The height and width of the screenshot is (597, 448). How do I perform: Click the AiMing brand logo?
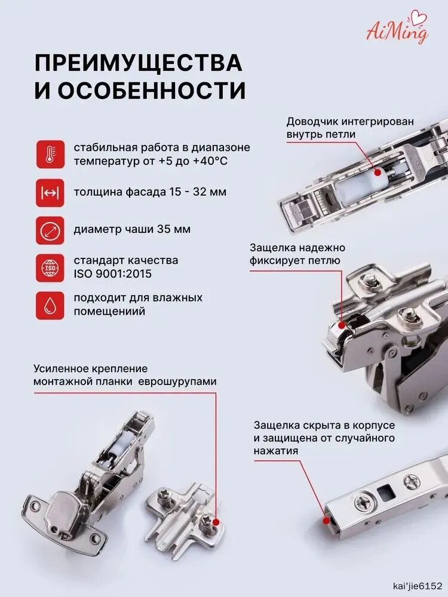pyautogui.click(x=397, y=29)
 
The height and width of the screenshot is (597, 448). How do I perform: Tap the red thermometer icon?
pyautogui.click(x=50, y=154)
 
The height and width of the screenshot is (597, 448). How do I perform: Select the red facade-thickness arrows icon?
pyautogui.click(x=50, y=193)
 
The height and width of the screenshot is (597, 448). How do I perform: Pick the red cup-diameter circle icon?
pyautogui.click(x=50, y=230)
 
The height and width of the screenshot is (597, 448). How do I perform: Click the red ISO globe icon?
pyautogui.click(x=50, y=268)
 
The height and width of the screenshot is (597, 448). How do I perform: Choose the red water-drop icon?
pyautogui.click(x=50, y=305)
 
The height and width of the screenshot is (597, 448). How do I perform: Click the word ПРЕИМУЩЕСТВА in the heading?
pyautogui.click(x=139, y=63)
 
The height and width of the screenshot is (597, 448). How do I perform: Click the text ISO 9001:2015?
pyautogui.click(x=113, y=274)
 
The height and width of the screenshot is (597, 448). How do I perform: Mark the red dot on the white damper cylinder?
pyautogui.click(x=378, y=173)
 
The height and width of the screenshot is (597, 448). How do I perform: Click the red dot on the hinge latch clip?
pyautogui.click(x=341, y=325)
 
